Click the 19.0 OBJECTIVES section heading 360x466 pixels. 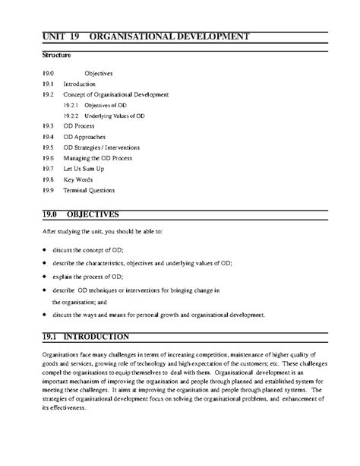tap(84, 214)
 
